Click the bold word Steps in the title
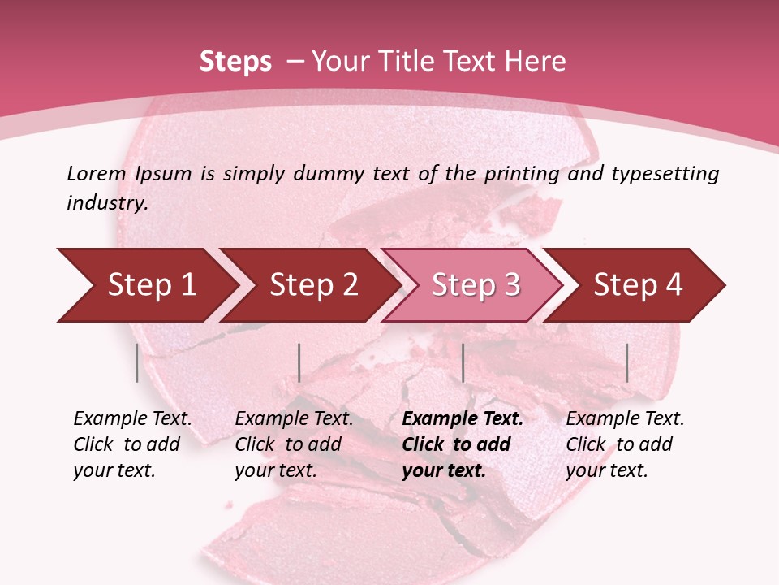click(235, 62)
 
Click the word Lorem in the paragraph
click(97, 174)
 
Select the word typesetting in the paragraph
click(665, 174)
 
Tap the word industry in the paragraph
click(108, 203)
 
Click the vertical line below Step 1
click(137, 362)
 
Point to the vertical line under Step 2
click(299, 362)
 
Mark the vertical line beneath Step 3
click(463, 362)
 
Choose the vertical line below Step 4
click(626, 362)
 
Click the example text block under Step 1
click(132, 444)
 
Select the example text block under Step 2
click(294, 444)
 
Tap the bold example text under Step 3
click(463, 444)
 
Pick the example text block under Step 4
click(625, 444)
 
